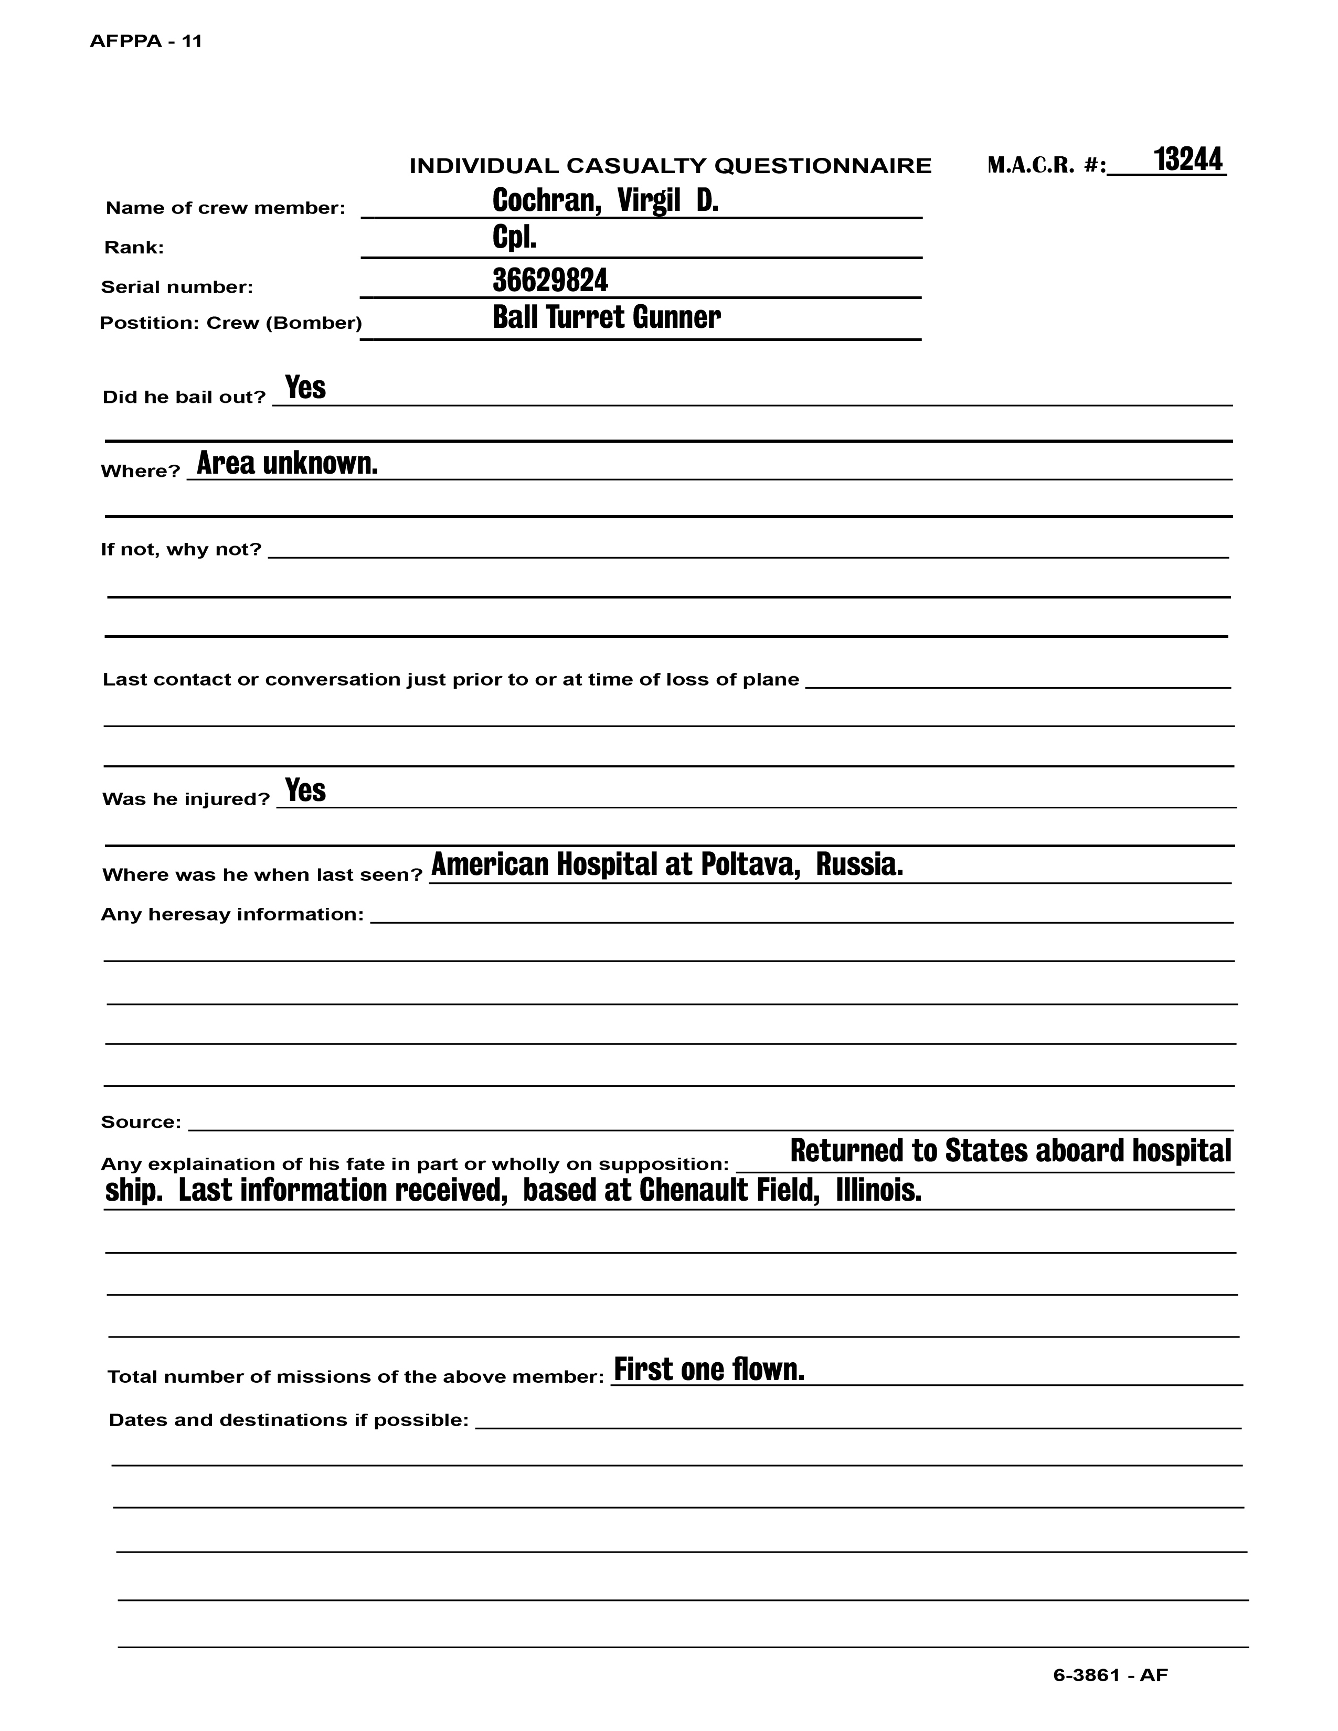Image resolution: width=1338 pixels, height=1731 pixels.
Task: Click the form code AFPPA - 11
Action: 146,41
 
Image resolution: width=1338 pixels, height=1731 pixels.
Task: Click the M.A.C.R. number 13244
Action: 1187,159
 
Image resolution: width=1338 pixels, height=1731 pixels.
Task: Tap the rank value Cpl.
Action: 514,238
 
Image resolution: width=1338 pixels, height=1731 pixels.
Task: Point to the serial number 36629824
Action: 550,280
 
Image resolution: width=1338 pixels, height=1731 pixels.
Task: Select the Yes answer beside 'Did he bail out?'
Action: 305,388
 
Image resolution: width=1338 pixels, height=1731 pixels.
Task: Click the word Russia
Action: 859,864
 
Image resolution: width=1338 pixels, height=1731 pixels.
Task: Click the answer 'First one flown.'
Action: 709,1370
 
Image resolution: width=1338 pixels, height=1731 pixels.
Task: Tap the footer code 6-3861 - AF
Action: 1110,1675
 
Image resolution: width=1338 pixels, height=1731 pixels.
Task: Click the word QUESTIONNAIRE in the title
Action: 824,166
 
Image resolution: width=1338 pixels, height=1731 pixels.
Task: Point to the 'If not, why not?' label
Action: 180,549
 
